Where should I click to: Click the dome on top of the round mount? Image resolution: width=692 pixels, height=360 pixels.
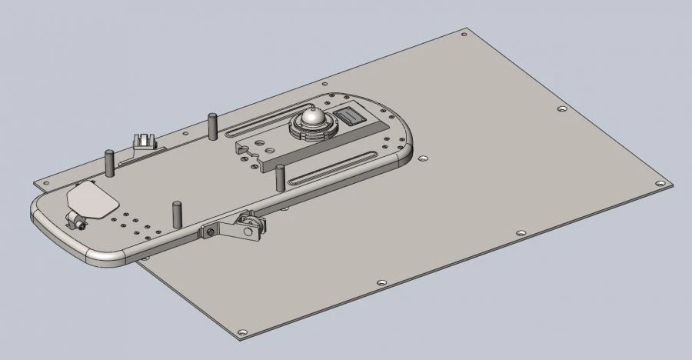313,118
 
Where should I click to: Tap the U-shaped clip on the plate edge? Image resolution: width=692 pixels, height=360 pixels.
144,141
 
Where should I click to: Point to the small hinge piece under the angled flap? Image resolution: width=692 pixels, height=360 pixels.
76,223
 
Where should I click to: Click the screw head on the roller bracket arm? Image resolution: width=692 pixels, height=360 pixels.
208,232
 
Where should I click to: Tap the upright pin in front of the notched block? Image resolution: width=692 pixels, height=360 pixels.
280,177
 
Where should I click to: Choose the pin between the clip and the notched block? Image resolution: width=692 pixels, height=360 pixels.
211,125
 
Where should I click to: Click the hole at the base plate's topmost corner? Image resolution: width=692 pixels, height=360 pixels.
463,33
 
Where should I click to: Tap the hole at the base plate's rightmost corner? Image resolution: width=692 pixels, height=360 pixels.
659,184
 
